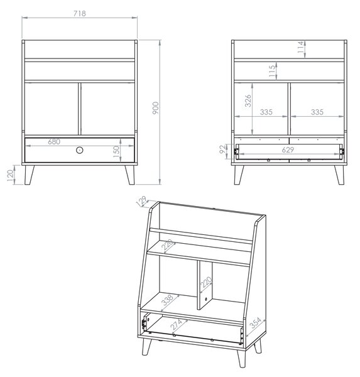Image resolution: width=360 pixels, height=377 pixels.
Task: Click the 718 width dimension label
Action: pos(80,13)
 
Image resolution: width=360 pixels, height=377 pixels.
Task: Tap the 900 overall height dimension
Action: pos(156,108)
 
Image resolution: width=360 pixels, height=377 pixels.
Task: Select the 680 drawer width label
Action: pos(54,141)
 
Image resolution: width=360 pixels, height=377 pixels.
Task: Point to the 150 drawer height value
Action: pos(116,151)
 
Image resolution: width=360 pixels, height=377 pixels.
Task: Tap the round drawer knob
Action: pos(80,150)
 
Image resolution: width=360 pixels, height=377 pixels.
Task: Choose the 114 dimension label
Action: pos(300,47)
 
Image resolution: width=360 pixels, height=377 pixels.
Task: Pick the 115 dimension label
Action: pos(272,71)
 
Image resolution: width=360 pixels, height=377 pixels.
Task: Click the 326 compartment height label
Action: pos(248,101)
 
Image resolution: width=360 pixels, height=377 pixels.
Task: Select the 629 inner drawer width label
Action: pos(288,150)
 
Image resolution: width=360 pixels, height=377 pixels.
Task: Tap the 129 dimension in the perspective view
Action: pos(141,201)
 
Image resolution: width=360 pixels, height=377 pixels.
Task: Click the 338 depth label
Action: pos(168,300)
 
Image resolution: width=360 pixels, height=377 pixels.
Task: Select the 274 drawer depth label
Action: pos(177,324)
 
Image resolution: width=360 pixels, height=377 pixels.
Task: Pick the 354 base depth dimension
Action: pos(255,323)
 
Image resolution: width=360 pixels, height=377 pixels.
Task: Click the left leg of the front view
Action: pos(29,175)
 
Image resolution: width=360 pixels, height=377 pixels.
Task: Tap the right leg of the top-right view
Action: pos(339,175)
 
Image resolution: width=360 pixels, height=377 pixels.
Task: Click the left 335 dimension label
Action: pos(266,112)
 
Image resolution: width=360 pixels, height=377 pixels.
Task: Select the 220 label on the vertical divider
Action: pos(206,282)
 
